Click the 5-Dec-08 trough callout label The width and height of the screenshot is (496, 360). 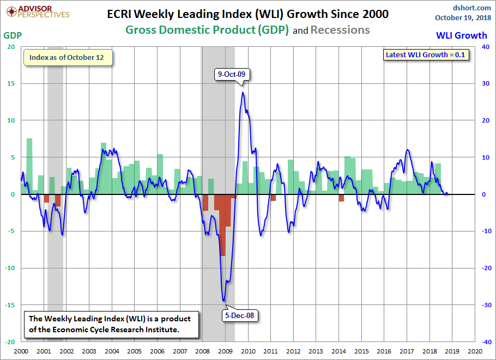click(x=240, y=314)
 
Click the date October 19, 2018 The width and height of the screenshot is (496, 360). click(x=463, y=17)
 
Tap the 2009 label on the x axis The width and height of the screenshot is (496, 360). click(x=225, y=352)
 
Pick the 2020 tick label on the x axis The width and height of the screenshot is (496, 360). click(x=474, y=352)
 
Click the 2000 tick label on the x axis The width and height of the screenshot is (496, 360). click(x=21, y=352)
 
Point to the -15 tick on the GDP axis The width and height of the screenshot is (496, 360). click(x=10, y=305)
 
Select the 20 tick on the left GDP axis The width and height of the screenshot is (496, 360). click(x=11, y=47)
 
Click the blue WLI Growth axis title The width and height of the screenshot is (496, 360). click(x=462, y=35)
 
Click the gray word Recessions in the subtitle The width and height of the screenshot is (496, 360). click(x=340, y=30)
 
